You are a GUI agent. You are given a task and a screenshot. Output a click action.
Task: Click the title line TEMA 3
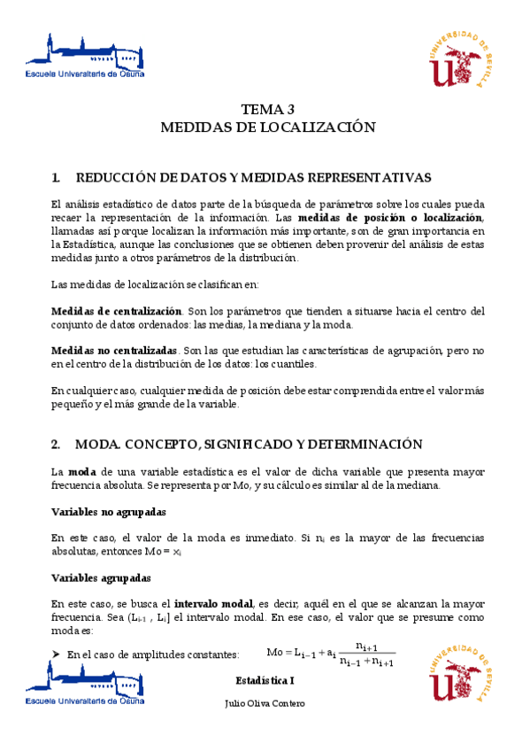(267, 110)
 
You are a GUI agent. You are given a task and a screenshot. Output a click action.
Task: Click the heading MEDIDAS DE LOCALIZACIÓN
(267, 128)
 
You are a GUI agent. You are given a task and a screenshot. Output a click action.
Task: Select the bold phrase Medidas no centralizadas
(114, 351)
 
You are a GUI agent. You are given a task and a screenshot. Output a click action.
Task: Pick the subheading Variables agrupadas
(101, 577)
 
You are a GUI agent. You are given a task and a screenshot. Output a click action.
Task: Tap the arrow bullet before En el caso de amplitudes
(56, 654)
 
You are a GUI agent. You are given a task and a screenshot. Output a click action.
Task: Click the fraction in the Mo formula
(367, 654)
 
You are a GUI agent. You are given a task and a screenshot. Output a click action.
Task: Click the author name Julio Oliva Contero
(265, 703)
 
